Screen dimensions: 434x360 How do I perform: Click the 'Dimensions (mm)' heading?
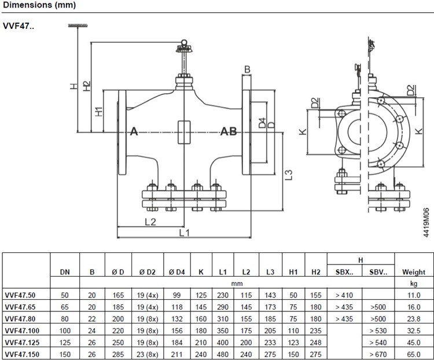(x=39, y=5)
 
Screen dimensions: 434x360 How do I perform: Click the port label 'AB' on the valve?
(x=229, y=131)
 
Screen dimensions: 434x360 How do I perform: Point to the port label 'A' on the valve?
(x=134, y=131)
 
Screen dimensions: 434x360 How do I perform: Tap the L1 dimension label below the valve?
(x=185, y=233)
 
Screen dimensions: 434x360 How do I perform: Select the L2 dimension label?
(x=150, y=222)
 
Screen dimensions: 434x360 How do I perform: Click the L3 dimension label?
(x=288, y=175)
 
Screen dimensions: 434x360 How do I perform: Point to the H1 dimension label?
(x=99, y=112)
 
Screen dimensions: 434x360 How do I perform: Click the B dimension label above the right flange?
(x=247, y=69)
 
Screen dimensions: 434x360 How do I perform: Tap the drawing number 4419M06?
(x=426, y=223)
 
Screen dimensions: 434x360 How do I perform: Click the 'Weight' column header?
(x=414, y=272)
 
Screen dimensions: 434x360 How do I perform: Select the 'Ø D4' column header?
(x=177, y=272)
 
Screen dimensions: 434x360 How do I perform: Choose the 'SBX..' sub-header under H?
(x=344, y=272)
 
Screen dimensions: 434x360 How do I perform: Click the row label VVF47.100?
(x=22, y=330)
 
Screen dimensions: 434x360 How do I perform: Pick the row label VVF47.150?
(x=22, y=354)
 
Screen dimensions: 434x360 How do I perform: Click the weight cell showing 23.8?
(x=414, y=319)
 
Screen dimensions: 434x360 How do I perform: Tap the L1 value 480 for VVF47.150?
(x=223, y=354)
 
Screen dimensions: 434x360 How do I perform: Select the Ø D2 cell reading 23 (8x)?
(x=148, y=354)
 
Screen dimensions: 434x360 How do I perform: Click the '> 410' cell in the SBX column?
(x=344, y=295)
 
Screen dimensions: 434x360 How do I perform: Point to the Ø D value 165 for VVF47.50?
(x=118, y=295)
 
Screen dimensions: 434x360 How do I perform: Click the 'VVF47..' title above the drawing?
(x=19, y=26)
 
